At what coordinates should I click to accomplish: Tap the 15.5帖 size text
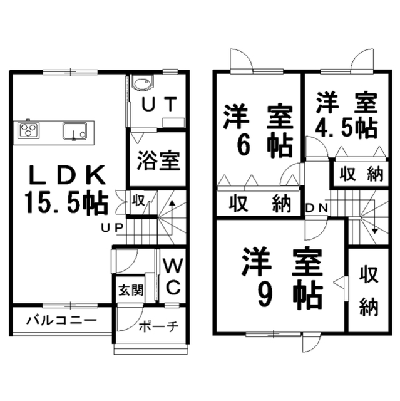66,202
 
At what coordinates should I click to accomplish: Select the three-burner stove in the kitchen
29,130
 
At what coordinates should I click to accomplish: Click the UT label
159,104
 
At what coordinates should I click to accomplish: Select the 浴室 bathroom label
159,160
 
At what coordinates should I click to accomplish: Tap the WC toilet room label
173,276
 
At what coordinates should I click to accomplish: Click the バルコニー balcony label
61,321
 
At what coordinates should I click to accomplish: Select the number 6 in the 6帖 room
241,145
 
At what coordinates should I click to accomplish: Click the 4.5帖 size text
346,128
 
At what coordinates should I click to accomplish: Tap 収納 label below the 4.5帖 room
361,175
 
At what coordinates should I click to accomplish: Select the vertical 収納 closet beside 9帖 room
370,291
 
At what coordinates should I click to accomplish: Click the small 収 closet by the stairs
138,202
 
